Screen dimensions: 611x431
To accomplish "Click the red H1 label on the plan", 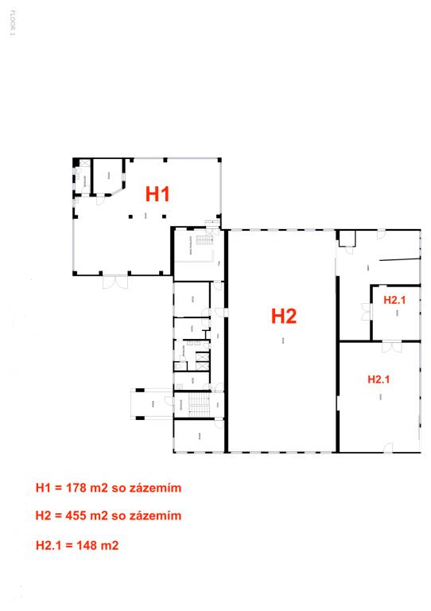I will tap(157, 193).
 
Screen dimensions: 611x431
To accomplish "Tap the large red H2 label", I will tap(284, 316).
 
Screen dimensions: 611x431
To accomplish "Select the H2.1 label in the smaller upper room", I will tap(394, 300).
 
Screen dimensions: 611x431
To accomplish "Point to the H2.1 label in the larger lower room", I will tap(379, 379).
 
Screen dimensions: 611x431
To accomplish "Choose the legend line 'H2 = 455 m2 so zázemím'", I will tap(108, 516).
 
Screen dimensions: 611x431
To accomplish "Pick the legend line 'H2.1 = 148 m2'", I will tap(77, 545).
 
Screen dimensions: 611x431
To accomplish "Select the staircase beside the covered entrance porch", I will tap(197, 405).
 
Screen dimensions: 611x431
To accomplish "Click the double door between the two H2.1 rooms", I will tap(390, 345).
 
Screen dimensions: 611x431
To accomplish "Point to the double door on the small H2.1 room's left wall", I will tap(367, 311).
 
